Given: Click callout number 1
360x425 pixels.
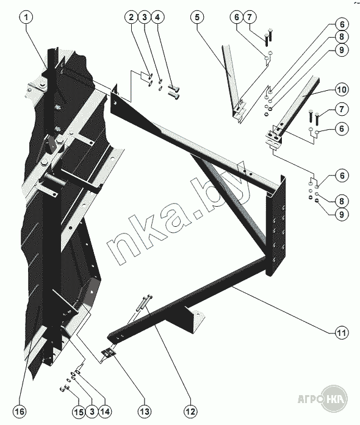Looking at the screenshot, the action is [x=26, y=17].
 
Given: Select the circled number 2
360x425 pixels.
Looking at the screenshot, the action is [x=131, y=17].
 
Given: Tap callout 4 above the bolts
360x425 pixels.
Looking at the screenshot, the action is [x=157, y=17].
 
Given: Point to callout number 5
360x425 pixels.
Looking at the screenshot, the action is [x=197, y=17].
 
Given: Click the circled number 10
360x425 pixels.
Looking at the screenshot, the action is [x=342, y=90].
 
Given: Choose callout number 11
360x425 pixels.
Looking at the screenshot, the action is [x=342, y=332].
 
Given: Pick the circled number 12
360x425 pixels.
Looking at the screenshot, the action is [x=190, y=412].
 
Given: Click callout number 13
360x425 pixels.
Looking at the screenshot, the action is [x=145, y=412].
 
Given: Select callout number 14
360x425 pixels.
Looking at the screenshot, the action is [x=105, y=412].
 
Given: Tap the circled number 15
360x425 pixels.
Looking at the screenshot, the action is [x=79, y=412].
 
